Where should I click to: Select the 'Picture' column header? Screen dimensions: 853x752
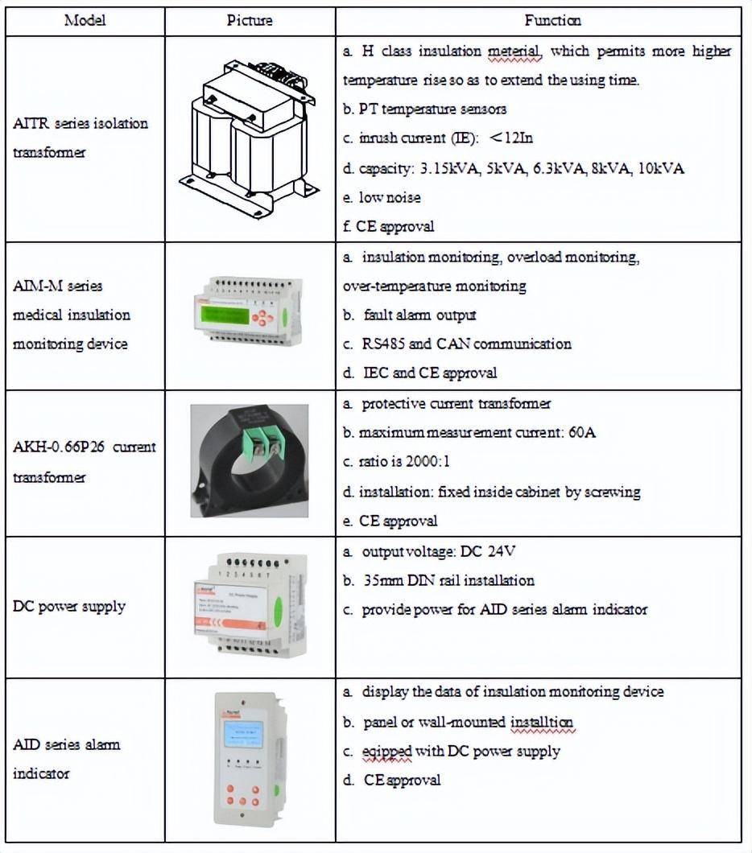[x=250, y=21]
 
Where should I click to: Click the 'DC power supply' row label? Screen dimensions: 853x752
[x=69, y=606]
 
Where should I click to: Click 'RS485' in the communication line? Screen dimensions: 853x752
[x=386, y=344]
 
